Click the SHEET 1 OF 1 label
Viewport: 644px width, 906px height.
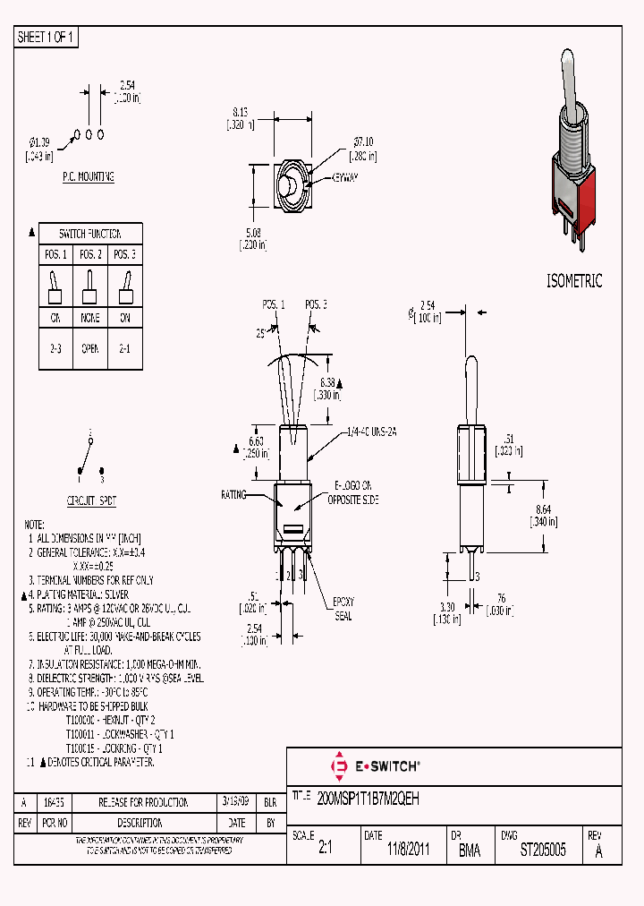click(47, 38)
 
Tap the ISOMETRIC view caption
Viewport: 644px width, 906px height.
click(574, 281)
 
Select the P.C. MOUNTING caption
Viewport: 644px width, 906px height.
click(88, 177)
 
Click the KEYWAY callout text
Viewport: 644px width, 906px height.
click(344, 178)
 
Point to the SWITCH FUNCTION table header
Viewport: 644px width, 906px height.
click(90, 233)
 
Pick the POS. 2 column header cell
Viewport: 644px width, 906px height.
click(90, 254)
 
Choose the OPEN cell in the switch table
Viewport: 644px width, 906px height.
click(90, 348)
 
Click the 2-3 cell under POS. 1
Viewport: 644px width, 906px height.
click(54, 348)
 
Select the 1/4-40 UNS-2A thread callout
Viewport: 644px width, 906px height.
click(371, 432)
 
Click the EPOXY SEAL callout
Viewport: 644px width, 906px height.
click(343, 609)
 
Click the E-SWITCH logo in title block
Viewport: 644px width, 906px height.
click(376, 766)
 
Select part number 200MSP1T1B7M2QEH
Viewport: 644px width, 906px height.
click(369, 796)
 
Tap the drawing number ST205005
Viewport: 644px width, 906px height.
click(543, 850)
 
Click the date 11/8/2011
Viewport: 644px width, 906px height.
click(409, 850)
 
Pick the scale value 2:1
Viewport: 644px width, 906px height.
click(325, 850)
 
